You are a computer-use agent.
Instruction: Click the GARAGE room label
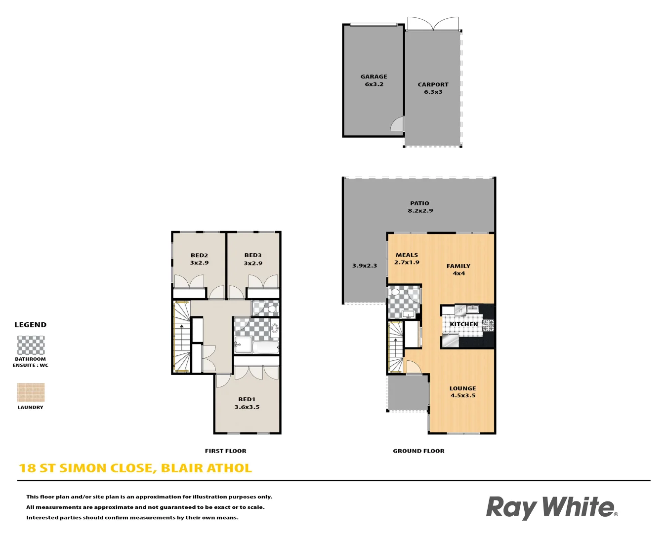pos(374,76)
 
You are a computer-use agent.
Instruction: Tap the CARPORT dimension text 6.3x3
pos(433,92)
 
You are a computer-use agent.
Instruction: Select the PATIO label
pos(419,203)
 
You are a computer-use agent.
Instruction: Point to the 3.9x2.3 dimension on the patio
pos(365,266)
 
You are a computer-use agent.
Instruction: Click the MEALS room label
pos(407,255)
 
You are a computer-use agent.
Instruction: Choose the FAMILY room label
pos(459,266)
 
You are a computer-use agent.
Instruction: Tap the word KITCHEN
pos(463,324)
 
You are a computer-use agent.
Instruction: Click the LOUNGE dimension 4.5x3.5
pos(463,395)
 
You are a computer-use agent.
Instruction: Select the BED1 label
pos(247,399)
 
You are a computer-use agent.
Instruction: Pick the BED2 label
pos(199,255)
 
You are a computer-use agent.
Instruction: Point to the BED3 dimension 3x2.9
pos(253,263)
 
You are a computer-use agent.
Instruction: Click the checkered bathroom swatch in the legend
pos(31,345)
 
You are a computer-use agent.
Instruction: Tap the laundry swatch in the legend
pos(31,392)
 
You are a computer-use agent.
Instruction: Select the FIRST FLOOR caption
pos(225,451)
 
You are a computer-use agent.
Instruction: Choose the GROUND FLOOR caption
pos(418,451)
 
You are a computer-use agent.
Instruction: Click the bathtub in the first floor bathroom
pos(265,347)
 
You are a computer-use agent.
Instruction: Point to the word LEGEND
pos(30,325)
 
